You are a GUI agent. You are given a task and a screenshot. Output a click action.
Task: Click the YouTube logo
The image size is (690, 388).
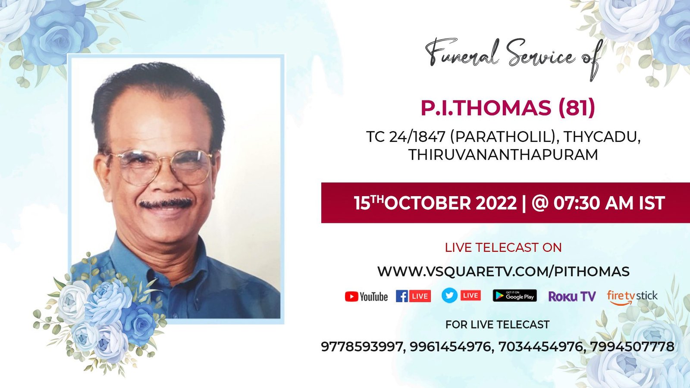point(366,297)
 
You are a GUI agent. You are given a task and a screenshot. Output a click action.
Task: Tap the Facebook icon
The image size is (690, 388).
point(401,296)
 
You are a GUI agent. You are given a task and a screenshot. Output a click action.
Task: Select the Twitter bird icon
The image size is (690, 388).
point(449,295)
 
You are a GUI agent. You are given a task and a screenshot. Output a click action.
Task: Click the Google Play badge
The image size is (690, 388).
point(515,296)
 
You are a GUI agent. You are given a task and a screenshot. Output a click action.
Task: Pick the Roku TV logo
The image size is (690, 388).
point(572,296)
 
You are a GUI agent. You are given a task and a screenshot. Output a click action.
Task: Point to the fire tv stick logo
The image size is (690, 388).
point(632,297)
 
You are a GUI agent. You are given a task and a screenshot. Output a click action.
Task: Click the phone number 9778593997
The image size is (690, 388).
point(362,347)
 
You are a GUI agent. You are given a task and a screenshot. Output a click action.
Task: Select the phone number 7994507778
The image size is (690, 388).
point(632,347)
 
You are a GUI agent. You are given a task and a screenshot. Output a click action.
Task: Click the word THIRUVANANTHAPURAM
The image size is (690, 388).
point(503,155)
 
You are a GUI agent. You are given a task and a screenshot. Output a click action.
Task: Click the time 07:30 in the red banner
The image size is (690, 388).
point(577,203)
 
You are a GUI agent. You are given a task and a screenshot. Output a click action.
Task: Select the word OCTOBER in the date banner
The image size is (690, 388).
point(427,203)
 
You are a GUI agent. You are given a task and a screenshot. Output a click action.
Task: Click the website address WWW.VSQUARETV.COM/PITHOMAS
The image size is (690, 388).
point(503,272)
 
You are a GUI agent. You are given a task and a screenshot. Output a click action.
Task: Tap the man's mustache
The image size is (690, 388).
point(166,203)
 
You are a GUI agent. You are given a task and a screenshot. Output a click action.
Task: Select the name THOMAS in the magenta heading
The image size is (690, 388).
point(502,108)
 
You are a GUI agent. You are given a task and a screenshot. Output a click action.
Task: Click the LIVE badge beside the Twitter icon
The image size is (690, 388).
point(470,296)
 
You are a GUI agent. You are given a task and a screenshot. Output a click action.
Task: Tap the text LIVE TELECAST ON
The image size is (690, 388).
point(503,247)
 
